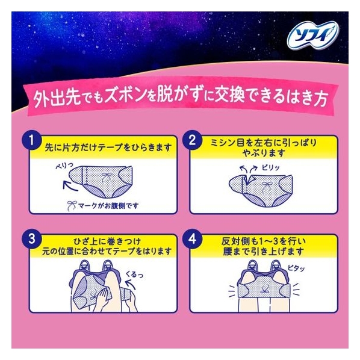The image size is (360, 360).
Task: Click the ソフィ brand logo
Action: coord(313,36)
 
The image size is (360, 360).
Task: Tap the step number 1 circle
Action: coord(32,140)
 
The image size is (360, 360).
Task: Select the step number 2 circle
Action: coord(193,140)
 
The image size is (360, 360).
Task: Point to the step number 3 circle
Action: coord(32,239)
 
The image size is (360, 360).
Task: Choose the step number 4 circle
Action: coord(193,239)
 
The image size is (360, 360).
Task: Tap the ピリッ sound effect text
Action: coord(271,167)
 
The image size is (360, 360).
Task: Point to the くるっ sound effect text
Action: coord(134,274)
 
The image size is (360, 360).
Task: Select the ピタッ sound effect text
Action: coord(296,268)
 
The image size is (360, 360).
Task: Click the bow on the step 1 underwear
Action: coord(106,178)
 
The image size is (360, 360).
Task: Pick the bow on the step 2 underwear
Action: coord(267,185)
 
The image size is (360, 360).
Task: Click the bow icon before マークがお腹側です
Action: coord(72,206)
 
